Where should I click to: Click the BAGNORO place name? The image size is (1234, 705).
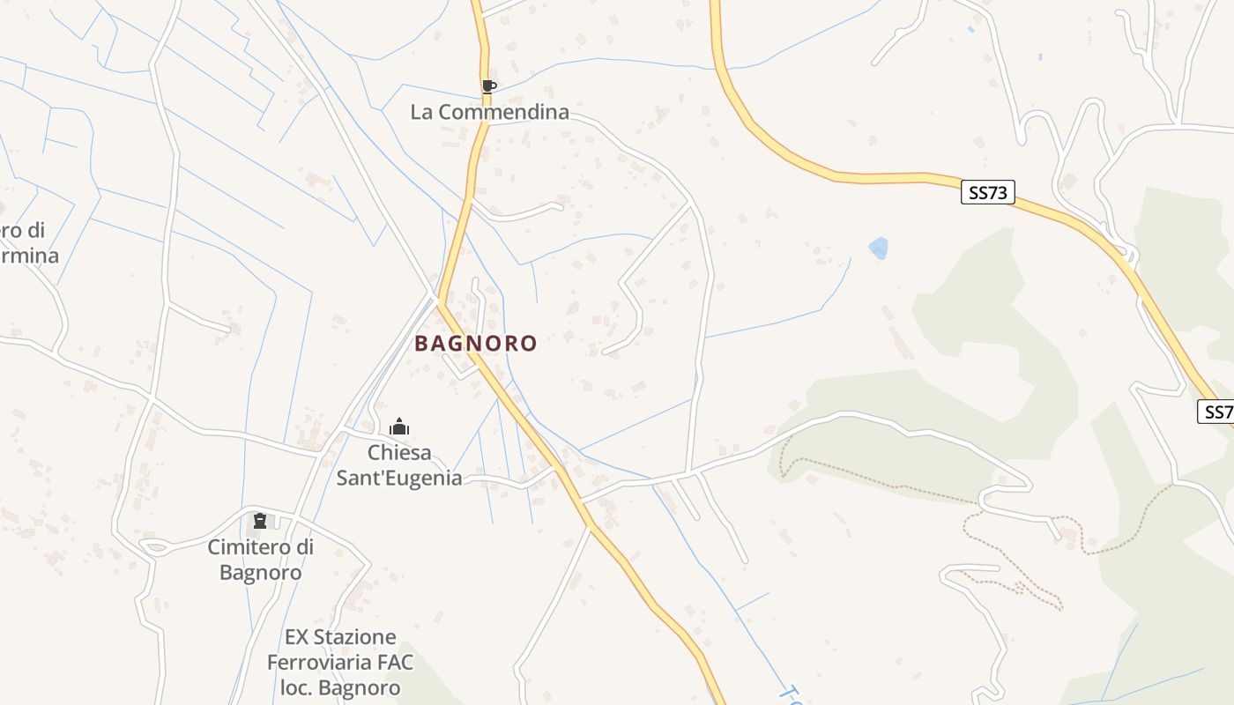pos(476,343)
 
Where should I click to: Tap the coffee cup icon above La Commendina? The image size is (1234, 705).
pos(488,86)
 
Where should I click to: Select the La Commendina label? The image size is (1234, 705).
pos(489,113)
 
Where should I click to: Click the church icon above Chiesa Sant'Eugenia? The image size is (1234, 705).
pos(399,427)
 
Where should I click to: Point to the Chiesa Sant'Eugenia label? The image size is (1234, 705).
pos(399,465)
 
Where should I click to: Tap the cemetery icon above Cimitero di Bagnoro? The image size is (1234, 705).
pos(259,521)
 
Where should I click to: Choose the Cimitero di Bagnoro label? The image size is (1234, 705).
pos(260,560)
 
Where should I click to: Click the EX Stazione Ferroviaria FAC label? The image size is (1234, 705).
pos(339,662)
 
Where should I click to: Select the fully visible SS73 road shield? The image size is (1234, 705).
pos(987,193)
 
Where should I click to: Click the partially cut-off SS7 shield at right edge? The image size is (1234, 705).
pos(1217,412)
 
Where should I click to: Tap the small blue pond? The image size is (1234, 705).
pos(878,249)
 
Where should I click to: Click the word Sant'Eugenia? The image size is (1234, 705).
pos(399,479)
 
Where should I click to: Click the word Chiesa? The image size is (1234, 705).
pos(399,453)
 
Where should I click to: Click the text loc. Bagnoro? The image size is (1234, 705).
pos(339,687)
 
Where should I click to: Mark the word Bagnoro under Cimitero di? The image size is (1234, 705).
pos(260,573)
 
